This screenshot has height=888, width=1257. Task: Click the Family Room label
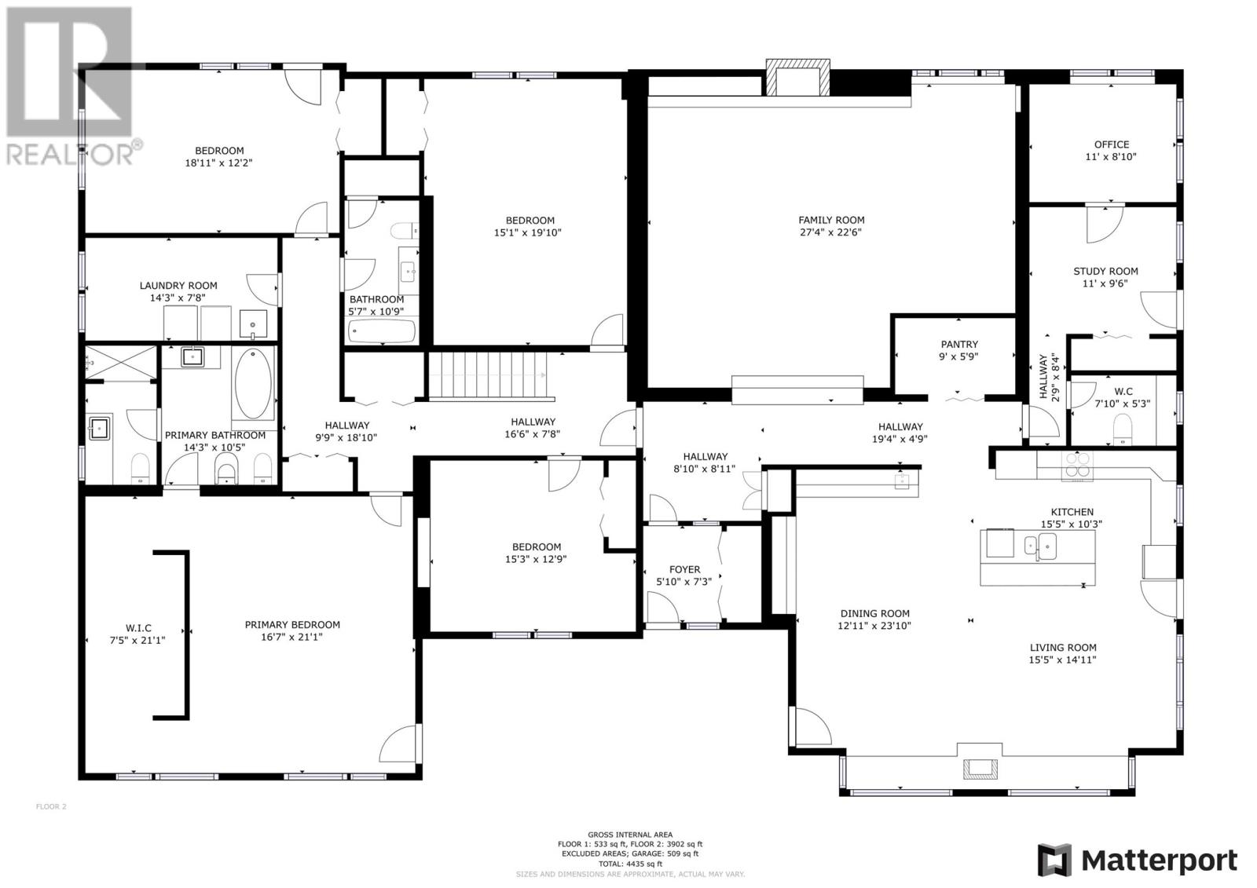(x=831, y=220)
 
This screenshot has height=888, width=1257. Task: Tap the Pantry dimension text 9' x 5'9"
(x=959, y=356)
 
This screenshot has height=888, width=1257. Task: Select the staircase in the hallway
(x=487, y=376)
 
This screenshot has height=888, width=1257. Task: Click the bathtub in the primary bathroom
(x=253, y=384)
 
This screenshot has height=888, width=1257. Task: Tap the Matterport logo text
(x=1159, y=861)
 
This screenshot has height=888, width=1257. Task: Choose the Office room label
(x=1111, y=144)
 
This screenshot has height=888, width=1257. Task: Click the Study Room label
(x=1105, y=271)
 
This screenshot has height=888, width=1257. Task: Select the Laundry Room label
(x=178, y=286)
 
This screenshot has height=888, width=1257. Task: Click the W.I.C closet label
(x=137, y=628)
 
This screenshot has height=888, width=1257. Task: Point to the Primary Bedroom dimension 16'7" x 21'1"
(x=292, y=638)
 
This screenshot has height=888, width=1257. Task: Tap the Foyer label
(x=684, y=569)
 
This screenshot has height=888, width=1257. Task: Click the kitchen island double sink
(x=1039, y=545)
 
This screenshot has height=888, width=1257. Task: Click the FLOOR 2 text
(x=52, y=806)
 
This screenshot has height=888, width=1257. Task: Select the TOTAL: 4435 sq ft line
(x=630, y=862)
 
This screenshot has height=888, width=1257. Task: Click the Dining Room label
(x=874, y=614)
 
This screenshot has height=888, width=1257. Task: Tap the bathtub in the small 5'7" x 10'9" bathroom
(x=381, y=331)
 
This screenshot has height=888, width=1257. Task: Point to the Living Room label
(x=1063, y=648)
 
